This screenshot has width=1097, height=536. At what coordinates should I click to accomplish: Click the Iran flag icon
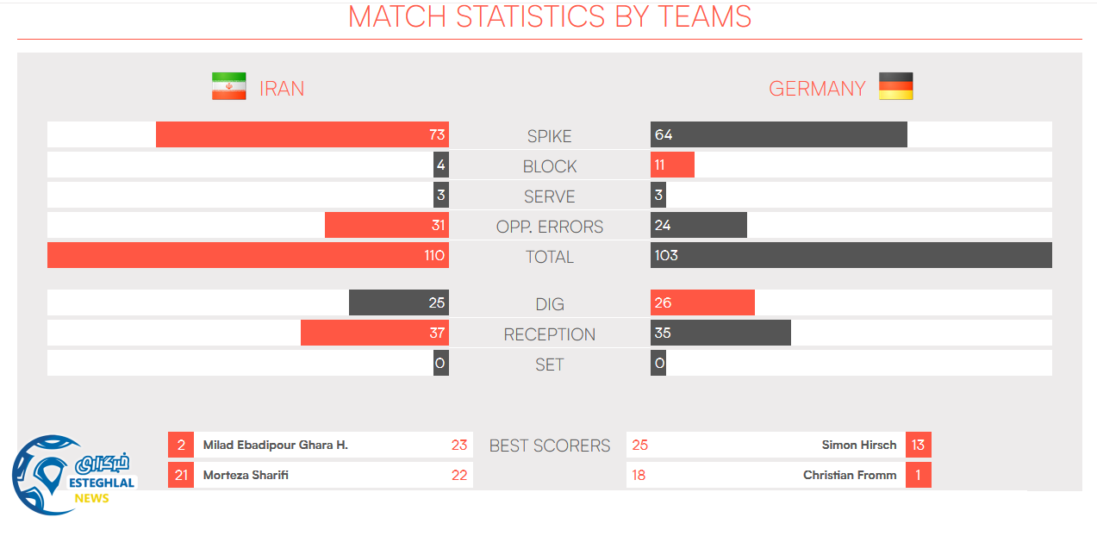point(228,86)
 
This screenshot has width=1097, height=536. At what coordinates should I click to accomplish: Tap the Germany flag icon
point(895,86)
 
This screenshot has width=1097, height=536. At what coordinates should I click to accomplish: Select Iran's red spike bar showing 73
point(302,134)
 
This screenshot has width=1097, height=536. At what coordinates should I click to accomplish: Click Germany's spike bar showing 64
point(778,134)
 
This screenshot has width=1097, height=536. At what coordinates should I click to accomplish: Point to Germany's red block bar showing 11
point(672,165)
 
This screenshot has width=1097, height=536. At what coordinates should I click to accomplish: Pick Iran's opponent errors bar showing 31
point(386,225)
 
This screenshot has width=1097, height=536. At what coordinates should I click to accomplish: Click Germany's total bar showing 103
point(851,255)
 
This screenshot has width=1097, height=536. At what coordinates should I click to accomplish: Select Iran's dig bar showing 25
point(398,302)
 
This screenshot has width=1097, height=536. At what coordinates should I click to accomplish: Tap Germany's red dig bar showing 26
point(702,302)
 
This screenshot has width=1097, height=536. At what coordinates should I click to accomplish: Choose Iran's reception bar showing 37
point(374,333)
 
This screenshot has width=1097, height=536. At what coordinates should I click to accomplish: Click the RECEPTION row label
point(549,334)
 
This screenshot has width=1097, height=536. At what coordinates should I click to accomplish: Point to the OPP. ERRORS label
point(549,227)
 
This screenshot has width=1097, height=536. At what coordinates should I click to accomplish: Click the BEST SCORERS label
point(549,446)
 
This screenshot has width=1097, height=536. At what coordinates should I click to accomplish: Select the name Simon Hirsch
point(858,445)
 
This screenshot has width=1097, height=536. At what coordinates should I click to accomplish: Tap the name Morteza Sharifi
point(246,475)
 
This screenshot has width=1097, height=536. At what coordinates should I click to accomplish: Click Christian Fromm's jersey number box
point(918,475)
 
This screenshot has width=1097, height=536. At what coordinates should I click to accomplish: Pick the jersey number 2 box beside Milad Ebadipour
point(181,445)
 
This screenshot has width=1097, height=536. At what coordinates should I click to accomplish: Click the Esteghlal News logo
point(73,475)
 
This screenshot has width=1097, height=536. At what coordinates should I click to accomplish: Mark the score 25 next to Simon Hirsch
point(639,445)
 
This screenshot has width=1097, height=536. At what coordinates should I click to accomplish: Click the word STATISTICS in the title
point(531,16)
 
